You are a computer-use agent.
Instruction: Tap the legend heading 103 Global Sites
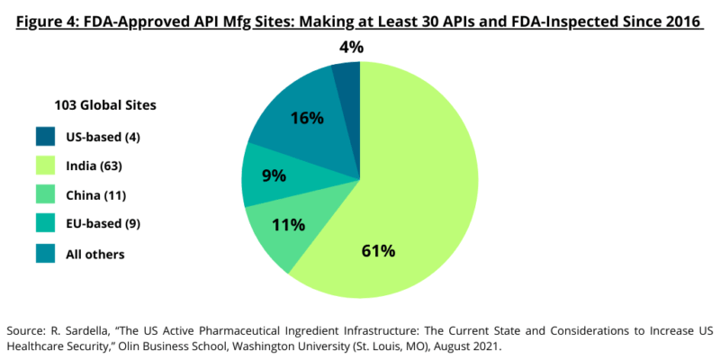coord(94,105)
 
